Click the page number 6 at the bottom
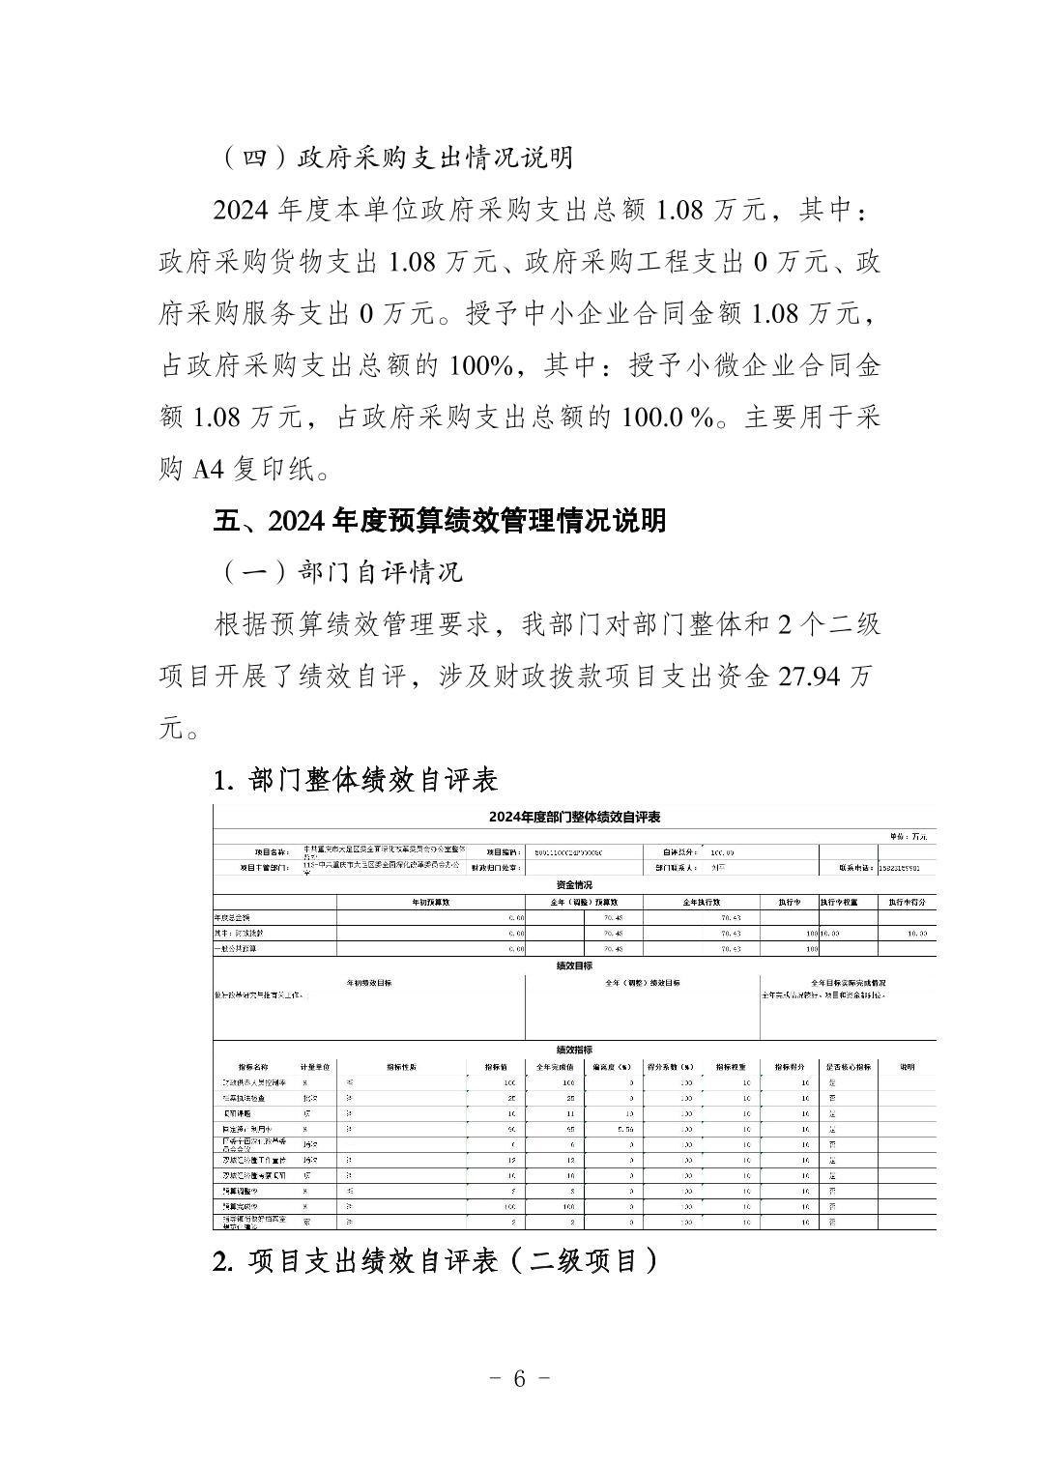(x=519, y=1379)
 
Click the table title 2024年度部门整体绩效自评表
(x=574, y=817)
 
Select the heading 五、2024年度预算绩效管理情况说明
(x=440, y=520)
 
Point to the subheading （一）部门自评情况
(x=338, y=571)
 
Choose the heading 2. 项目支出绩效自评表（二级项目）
(x=436, y=1261)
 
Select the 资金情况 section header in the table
(x=574, y=885)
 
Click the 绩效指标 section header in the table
(x=574, y=1050)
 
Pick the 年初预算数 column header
(x=431, y=902)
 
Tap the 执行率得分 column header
(x=907, y=902)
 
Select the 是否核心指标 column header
(x=848, y=1067)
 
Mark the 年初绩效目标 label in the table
(x=369, y=982)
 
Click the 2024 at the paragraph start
(x=245, y=209)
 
